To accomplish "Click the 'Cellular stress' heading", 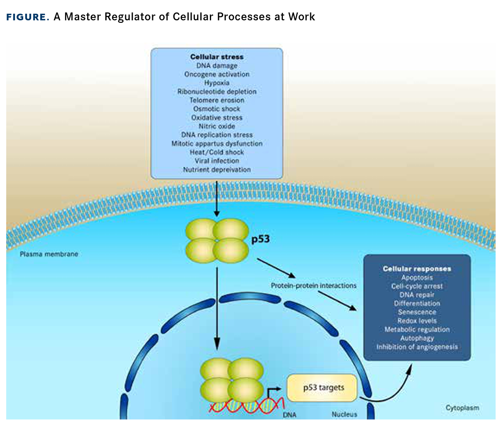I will (x=216, y=57).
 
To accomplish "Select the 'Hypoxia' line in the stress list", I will (x=216, y=83).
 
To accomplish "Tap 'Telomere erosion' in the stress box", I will (x=216, y=100).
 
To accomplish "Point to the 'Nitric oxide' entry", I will (x=216, y=126).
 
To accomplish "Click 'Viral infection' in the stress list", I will (x=216, y=161).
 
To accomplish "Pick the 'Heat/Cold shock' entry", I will (x=216, y=152).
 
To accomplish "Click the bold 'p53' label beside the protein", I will (x=260, y=239).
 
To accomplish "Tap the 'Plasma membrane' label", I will (x=49, y=254).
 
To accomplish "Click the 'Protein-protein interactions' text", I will (x=314, y=286).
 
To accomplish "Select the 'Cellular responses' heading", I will (x=417, y=269).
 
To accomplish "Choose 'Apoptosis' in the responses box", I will (x=417, y=278).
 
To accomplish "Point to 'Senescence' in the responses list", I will (x=417, y=312).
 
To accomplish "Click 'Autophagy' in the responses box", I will (x=417, y=338).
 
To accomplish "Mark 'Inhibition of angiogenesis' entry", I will (x=417, y=347).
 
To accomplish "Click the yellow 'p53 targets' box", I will (x=322, y=388).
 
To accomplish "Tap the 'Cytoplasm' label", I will (x=462, y=408).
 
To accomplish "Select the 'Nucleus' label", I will (x=344, y=414).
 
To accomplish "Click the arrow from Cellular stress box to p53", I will (x=216, y=197).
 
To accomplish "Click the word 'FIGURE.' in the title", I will (x=28, y=17).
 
